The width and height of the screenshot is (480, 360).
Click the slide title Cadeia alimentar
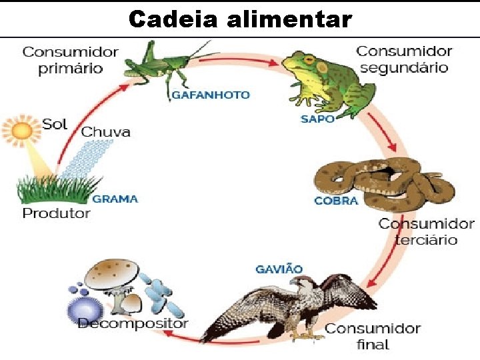(240, 19)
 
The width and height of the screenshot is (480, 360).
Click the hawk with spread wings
(293, 307)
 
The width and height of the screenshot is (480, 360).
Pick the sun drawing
(21, 130)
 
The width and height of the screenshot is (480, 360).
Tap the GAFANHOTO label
(211, 95)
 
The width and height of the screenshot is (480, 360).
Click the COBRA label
(336, 201)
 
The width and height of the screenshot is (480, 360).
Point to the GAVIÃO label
(279, 269)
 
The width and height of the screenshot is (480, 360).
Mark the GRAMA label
(115, 199)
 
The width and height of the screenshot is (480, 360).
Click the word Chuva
(105, 131)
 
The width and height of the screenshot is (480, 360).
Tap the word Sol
(55, 123)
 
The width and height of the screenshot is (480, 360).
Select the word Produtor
(56, 213)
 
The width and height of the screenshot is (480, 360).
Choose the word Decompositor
(133, 323)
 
